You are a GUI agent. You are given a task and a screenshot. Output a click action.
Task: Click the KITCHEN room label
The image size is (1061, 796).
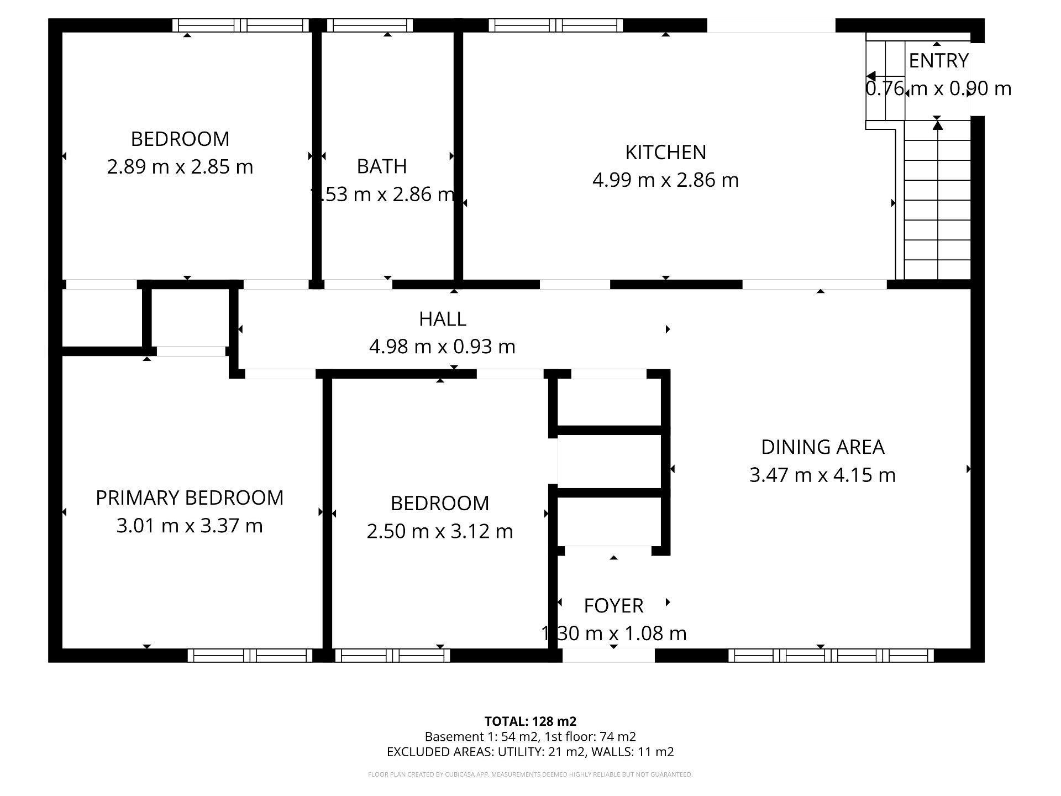[x=665, y=152]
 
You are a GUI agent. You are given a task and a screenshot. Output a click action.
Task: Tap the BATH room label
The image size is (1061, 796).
[x=381, y=166]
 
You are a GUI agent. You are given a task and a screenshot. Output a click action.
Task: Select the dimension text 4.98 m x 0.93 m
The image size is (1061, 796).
[x=442, y=347]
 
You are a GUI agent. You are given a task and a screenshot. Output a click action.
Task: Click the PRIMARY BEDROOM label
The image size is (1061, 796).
[x=190, y=498]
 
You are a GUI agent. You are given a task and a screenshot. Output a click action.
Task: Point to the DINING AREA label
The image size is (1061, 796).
[x=822, y=447]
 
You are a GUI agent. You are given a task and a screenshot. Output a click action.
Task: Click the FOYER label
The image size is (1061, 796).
[x=613, y=606]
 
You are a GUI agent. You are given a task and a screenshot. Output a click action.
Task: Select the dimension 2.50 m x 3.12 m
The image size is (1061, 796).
[x=440, y=531]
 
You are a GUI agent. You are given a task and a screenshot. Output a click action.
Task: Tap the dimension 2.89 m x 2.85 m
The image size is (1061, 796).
[x=180, y=166]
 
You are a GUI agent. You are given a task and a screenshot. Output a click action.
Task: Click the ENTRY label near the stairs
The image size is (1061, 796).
[x=938, y=61]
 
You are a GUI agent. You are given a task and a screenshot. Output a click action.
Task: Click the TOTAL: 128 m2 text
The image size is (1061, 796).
[x=530, y=721]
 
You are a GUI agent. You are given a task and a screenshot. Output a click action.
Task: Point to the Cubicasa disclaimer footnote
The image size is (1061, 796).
[x=530, y=774]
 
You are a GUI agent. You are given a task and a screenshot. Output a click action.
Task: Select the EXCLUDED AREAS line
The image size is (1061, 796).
[x=530, y=752]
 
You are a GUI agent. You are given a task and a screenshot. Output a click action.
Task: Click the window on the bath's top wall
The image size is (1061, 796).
[x=370, y=25]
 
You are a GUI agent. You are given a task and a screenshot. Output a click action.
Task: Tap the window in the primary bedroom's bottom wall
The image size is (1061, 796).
[x=250, y=656]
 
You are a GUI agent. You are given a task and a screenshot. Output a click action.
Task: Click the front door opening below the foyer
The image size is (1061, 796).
[x=608, y=656]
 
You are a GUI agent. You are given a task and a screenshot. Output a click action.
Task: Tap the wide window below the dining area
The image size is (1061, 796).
[x=831, y=656]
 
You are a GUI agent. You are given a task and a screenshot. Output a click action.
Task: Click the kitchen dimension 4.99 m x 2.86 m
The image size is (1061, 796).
[x=665, y=180]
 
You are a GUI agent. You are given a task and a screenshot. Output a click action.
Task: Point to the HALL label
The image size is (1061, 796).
[x=442, y=319]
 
